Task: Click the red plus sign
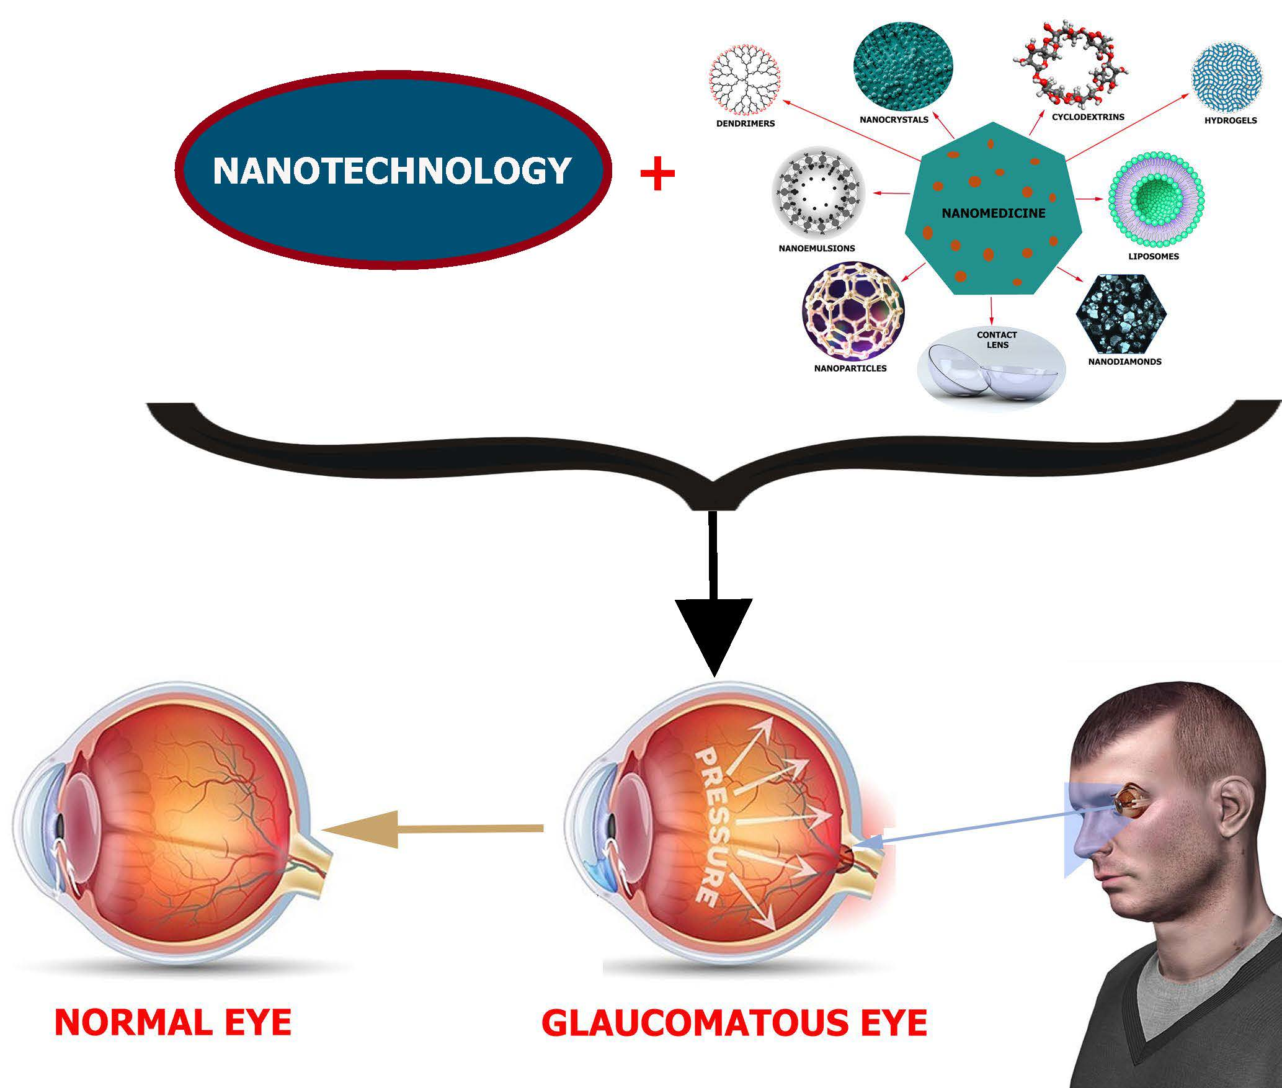point(657,174)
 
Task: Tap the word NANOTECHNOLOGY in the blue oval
point(391,171)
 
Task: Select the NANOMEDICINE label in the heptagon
point(993,213)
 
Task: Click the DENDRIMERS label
point(746,123)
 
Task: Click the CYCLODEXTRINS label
point(1088,117)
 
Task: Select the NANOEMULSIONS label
point(817,248)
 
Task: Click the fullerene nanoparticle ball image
point(852,310)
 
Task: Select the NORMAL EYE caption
point(173,1022)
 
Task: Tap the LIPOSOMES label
point(1154,256)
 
